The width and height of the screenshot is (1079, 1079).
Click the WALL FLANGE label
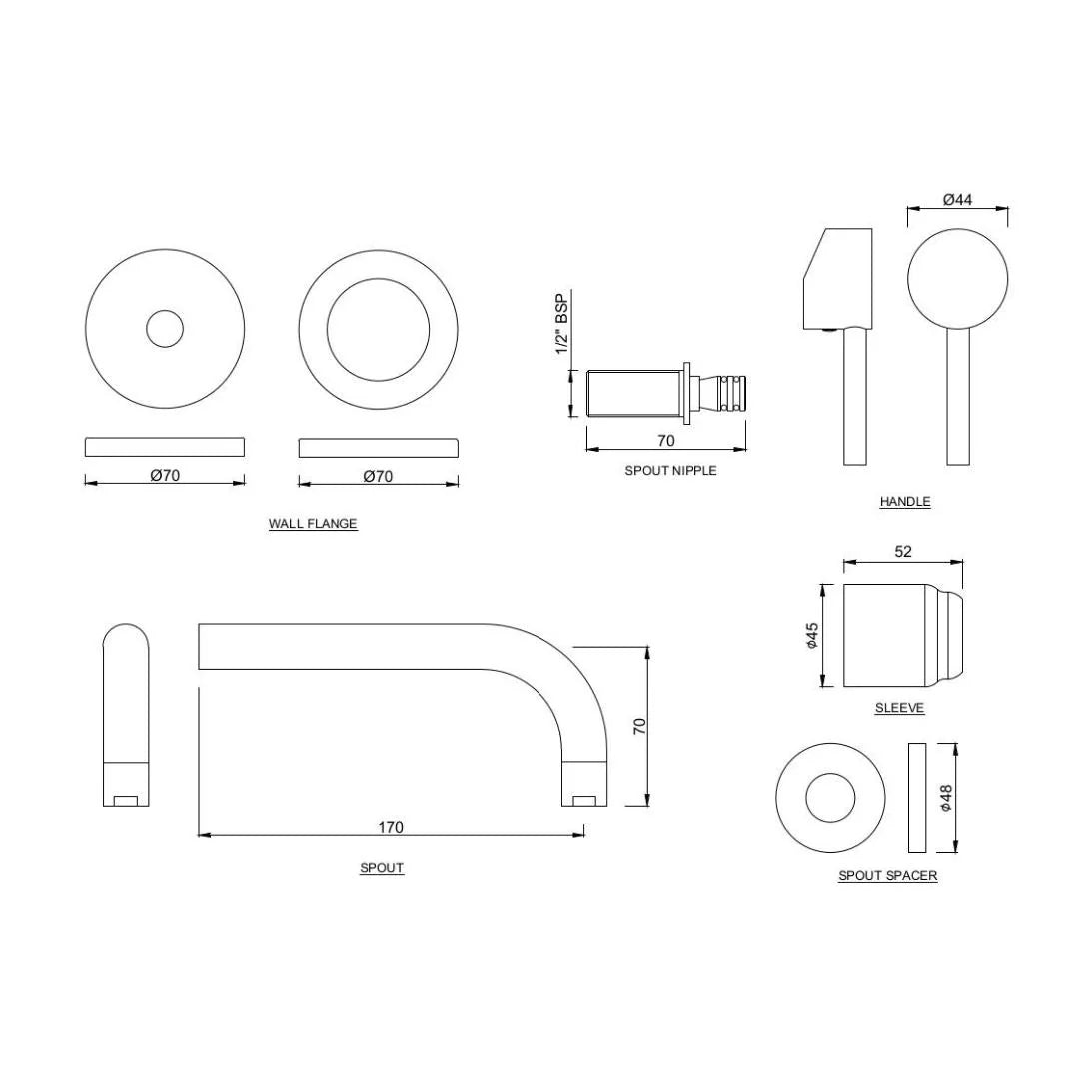tap(313, 524)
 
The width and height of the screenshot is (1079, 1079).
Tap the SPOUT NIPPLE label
tap(670, 470)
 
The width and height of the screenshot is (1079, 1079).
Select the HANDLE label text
tap(904, 502)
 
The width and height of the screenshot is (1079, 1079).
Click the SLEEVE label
tap(899, 708)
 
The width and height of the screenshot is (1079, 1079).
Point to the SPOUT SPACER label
tap(887, 876)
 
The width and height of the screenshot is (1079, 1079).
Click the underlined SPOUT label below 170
tap(382, 868)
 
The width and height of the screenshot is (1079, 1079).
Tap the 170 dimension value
tap(391, 827)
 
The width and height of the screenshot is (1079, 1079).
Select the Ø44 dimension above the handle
tap(957, 200)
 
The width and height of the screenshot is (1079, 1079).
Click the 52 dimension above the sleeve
tap(903, 552)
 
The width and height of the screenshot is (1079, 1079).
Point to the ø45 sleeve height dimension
tap(812, 636)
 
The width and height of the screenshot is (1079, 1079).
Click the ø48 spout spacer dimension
tap(946, 797)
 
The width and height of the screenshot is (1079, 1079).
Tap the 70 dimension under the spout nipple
tap(665, 440)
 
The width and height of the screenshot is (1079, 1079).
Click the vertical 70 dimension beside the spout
tap(640, 726)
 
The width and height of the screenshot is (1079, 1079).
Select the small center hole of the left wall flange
tap(165, 329)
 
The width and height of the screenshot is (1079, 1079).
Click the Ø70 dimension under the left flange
tap(165, 476)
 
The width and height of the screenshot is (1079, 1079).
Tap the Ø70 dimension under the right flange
tap(378, 476)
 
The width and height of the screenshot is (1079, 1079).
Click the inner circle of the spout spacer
tap(831, 798)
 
